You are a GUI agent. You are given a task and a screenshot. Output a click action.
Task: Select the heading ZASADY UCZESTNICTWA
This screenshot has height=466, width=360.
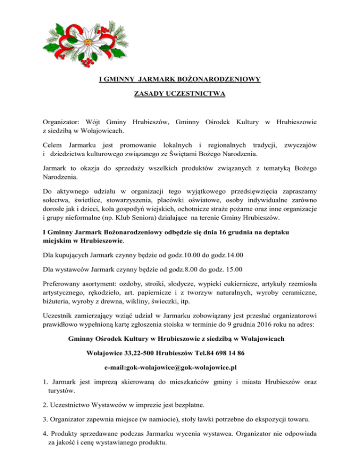[x=180, y=94]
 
